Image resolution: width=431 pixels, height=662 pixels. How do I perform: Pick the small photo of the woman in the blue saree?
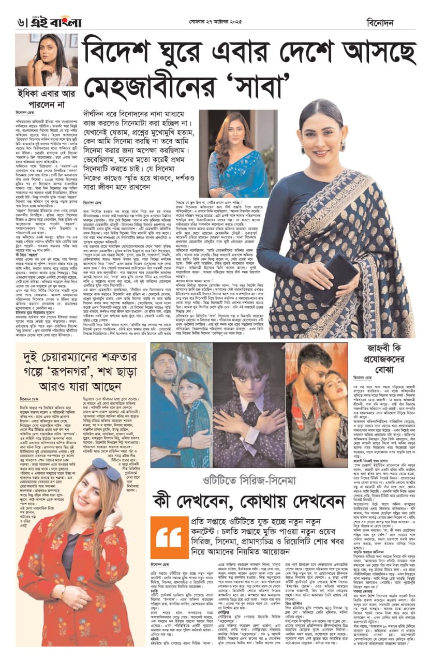[x=231, y=146]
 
